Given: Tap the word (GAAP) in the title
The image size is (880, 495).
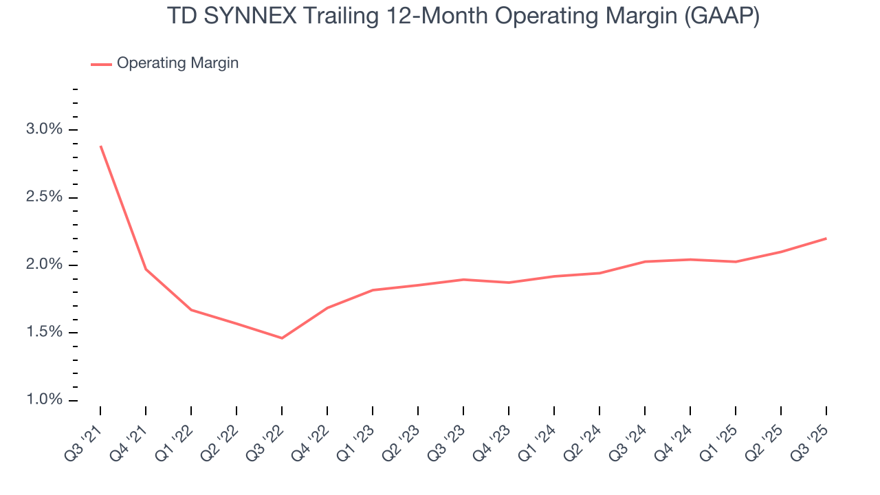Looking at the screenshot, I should click(721, 16).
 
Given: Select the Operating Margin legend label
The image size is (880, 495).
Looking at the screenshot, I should click(177, 63).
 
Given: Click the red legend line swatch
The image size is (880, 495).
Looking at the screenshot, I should click(101, 64).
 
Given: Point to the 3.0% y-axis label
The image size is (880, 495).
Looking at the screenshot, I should click(43, 130).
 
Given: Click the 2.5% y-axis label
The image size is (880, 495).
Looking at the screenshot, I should click(43, 197).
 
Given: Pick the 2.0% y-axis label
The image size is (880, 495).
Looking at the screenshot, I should click(43, 265).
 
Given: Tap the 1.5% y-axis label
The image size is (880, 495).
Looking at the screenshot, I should click(43, 333).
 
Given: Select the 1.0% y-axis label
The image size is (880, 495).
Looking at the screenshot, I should click(43, 400).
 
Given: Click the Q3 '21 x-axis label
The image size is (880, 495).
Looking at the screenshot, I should click(83, 440).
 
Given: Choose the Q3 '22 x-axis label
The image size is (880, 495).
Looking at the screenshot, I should click(265, 440).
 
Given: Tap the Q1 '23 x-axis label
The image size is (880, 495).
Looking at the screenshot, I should click(355, 440).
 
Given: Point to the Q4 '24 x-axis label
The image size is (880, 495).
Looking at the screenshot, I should click(673, 440).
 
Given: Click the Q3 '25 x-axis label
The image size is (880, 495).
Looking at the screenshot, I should click(809, 440).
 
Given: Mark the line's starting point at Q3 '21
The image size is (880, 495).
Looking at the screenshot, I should click(100, 146).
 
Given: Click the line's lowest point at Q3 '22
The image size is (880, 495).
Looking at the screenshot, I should click(282, 338).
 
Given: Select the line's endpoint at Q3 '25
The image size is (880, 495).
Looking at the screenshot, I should click(826, 239).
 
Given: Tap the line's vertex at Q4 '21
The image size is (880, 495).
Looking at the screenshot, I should click(146, 269).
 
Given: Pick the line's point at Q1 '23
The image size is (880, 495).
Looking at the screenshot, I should click(373, 290).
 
